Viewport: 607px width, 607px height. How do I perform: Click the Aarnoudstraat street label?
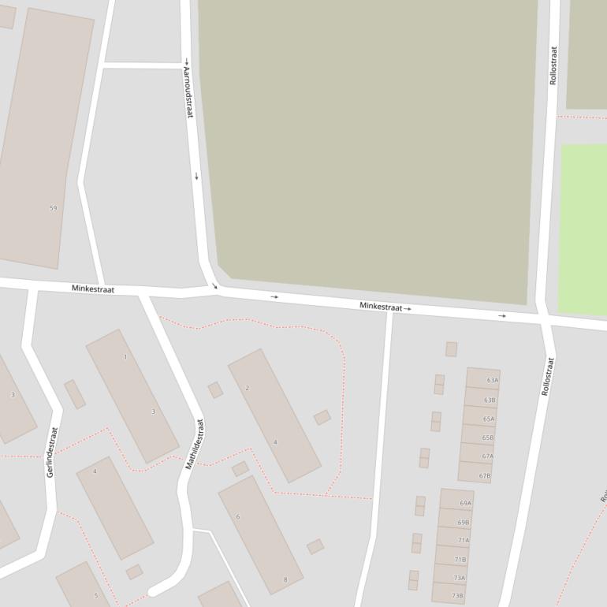click(x=188, y=92)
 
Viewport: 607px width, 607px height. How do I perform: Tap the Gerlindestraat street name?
click(x=52, y=452)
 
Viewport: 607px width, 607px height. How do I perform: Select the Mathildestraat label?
click(x=194, y=444)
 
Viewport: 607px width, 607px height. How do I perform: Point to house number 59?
click(x=53, y=208)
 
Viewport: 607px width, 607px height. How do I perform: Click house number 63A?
click(x=492, y=380)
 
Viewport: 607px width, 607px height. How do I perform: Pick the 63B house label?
click(x=490, y=400)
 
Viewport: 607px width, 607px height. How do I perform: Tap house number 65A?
click(x=489, y=419)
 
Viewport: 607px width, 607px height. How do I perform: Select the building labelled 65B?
click(x=487, y=438)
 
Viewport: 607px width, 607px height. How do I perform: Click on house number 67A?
click(x=487, y=456)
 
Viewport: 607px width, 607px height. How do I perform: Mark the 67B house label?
click(x=484, y=475)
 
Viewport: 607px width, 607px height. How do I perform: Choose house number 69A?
click(x=465, y=503)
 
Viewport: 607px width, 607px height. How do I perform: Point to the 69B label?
click(x=464, y=522)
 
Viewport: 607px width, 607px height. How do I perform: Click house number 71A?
click(x=463, y=540)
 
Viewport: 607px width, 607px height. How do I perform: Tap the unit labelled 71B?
click(x=461, y=559)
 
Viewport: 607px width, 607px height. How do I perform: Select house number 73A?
click(x=459, y=578)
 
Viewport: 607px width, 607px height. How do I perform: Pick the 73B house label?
click(x=457, y=596)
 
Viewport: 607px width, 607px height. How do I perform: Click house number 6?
click(x=237, y=517)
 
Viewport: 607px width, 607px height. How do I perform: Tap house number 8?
click(x=285, y=580)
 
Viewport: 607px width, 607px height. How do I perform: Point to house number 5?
click(x=96, y=595)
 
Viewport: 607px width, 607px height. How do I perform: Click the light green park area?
click(x=583, y=229)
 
